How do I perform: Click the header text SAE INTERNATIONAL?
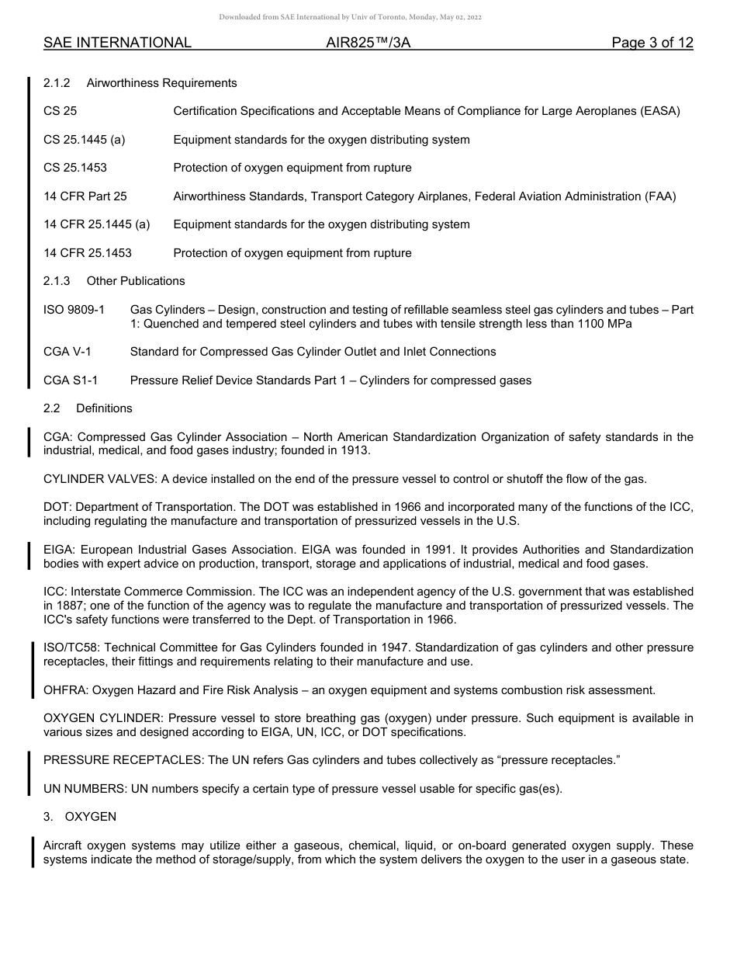(117, 43)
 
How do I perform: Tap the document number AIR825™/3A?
(368, 43)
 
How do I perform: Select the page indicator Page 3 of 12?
(652, 43)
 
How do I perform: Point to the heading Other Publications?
(136, 281)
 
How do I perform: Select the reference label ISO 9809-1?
(74, 310)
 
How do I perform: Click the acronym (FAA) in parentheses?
(660, 196)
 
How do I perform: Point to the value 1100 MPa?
(604, 324)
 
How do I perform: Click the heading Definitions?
(104, 408)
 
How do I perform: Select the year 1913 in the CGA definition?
(354, 450)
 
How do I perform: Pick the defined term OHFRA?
(65, 690)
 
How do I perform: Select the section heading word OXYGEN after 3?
(91, 817)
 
